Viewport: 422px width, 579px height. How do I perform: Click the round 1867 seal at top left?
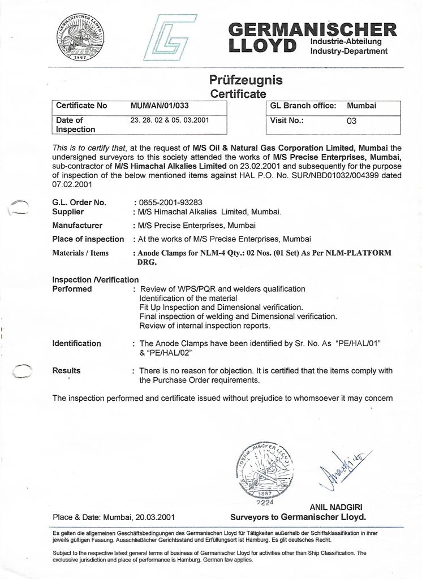[80, 38]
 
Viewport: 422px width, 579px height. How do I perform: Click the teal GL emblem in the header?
[170, 37]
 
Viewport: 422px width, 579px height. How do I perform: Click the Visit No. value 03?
[351, 120]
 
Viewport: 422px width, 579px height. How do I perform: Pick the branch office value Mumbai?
[361, 106]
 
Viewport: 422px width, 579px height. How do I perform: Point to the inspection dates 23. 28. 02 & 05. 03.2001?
[170, 120]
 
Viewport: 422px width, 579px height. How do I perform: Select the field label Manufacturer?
[77, 225]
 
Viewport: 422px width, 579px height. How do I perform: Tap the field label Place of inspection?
[88, 239]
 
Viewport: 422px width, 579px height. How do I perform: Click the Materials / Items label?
[80, 253]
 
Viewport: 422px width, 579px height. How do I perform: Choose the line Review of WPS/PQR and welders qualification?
[222, 289]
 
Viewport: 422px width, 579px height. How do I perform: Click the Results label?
[66, 371]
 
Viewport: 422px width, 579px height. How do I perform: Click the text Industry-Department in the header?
[349, 51]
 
